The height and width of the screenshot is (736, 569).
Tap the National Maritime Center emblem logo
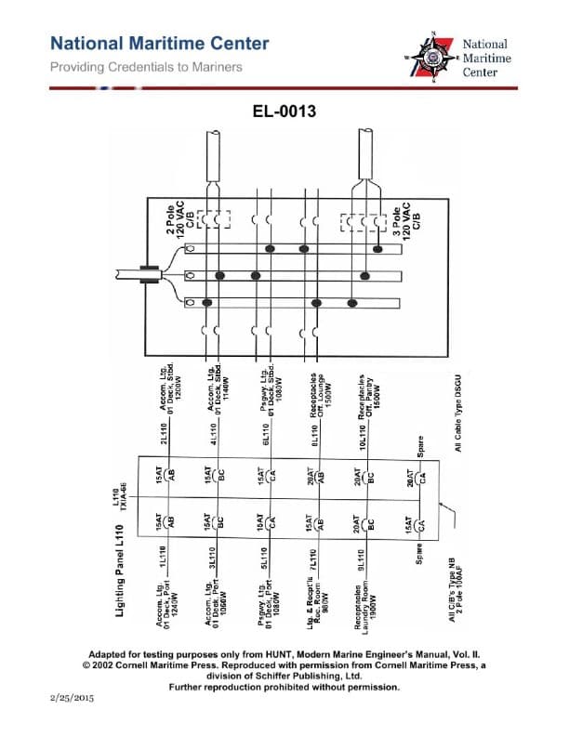pyautogui.click(x=434, y=59)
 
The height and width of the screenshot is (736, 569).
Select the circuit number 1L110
pyautogui.click(x=175, y=564)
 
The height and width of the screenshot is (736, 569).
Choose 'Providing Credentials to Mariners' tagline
pyautogui.click(x=146, y=67)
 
